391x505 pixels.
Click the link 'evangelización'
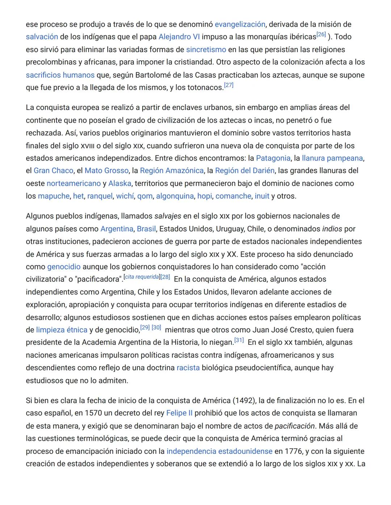[x=240, y=25]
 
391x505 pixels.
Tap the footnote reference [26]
[x=321, y=35]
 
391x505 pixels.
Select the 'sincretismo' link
[x=206, y=50]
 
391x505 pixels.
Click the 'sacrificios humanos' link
[x=60, y=75]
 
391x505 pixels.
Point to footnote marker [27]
[x=228, y=85]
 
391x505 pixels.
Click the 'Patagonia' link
[x=273, y=158]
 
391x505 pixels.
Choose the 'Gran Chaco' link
[x=53, y=171]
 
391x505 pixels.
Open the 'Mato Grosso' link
[x=106, y=171]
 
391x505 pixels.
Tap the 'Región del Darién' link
[x=245, y=171]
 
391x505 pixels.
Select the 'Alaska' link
[x=119, y=184]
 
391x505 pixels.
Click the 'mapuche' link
[x=54, y=196]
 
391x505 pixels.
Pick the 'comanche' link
[x=233, y=196]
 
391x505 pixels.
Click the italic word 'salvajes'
[x=168, y=216]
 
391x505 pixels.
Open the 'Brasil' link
[x=146, y=229]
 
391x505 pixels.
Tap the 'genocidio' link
[x=64, y=267]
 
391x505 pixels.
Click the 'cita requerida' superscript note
[x=142, y=277]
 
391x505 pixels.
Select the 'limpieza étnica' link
[x=62, y=330]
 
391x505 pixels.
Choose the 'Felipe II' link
[x=179, y=413]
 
